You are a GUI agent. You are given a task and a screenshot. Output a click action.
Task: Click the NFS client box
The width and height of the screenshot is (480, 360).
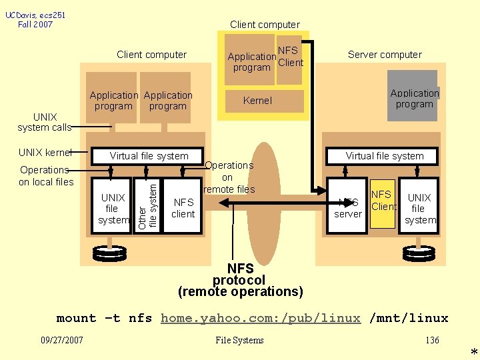[183, 207]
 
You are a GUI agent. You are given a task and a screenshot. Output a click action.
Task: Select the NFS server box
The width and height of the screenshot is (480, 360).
[348, 207]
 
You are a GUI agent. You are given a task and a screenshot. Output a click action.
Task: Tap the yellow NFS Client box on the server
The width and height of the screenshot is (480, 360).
[383, 204]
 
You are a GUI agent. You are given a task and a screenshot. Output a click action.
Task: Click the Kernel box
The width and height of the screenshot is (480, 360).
[258, 101]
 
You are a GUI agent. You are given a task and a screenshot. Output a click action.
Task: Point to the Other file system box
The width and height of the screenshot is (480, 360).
[148, 205]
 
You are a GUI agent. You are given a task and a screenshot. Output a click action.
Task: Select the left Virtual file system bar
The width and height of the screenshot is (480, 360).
[149, 156]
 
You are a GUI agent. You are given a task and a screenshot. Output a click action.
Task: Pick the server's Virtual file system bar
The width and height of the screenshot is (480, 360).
[385, 156]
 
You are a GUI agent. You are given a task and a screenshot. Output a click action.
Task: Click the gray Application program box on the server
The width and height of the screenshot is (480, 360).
[413, 97]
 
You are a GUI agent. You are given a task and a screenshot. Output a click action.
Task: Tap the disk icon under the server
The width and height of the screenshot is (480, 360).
[419, 254]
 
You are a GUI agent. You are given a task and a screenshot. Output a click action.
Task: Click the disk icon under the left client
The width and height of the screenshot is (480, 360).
[110, 254]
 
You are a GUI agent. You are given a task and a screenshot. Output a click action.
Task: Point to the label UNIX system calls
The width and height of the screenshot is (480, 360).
[45, 122]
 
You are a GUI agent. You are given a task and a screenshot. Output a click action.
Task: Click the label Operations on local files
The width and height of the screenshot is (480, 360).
[46, 175]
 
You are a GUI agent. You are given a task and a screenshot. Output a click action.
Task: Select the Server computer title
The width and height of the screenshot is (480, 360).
[385, 55]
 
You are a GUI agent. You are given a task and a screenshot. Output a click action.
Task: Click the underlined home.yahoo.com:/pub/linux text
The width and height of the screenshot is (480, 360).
[261, 318]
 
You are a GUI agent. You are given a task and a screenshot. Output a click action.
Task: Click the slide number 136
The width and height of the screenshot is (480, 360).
[432, 340]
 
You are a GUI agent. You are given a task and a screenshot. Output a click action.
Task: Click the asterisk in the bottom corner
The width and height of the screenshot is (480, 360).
[473, 352]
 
